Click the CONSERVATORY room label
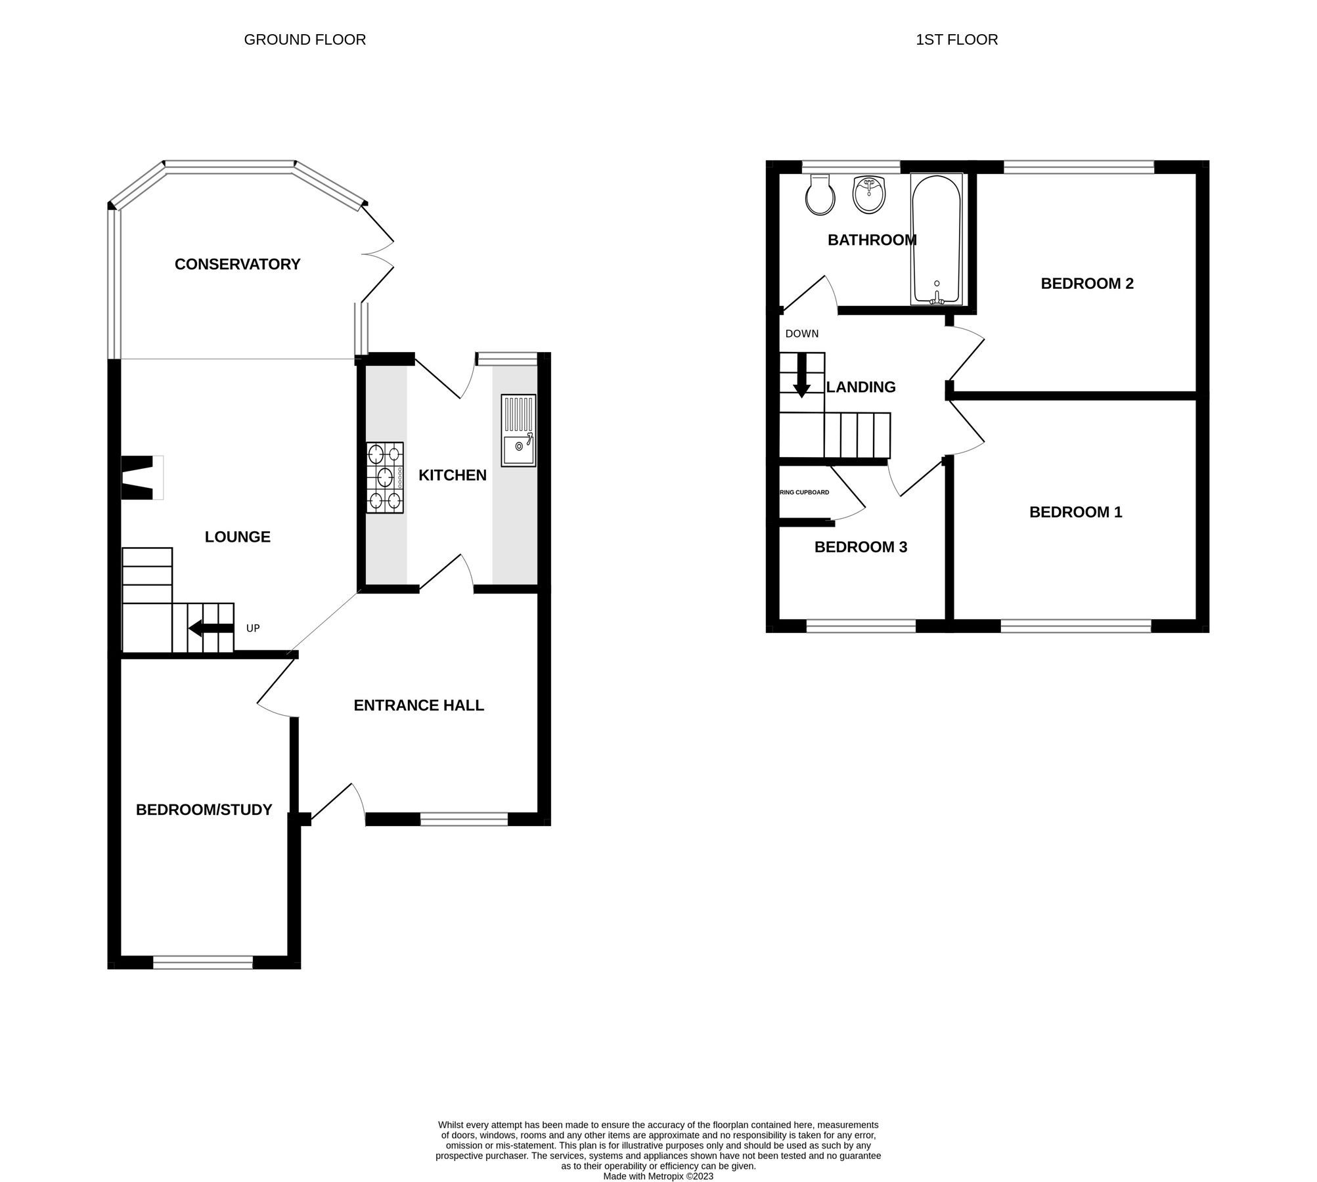[x=237, y=264]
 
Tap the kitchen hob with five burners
[x=385, y=477]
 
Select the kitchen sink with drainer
[x=518, y=431]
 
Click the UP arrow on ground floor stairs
[x=211, y=628]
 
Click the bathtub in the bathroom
[x=936, y=239]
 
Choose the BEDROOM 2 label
[x=1087, y=284]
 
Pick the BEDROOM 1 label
[x=1075, y=512]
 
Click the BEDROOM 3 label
[x=860, y=547]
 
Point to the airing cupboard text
[x=804, y=492]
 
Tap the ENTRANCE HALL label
[x=418, y=705]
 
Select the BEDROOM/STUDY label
[x=204, y=810]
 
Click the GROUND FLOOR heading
[x=305, y=40]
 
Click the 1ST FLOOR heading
[x=956, y=40]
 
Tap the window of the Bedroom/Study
[x=203, y=963]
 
